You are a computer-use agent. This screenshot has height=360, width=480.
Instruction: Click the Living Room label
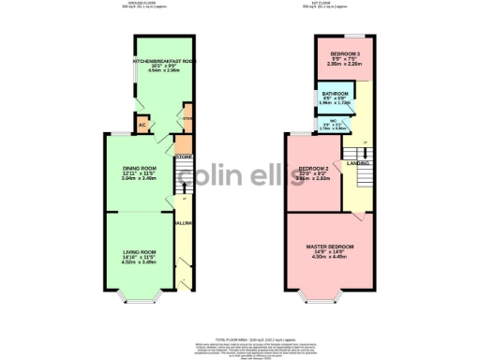pos(138,252)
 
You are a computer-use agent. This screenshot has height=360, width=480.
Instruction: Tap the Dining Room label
pos(138,169)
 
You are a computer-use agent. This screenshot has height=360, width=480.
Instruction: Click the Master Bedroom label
pos(334,247)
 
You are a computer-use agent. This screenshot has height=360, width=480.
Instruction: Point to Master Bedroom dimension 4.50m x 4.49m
pos(334,257)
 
